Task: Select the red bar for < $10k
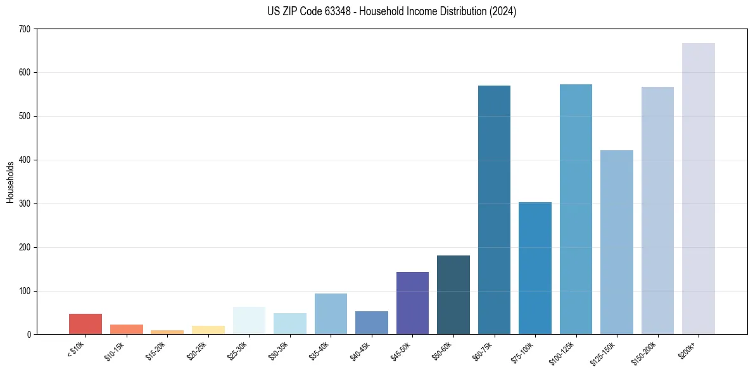tap(85, 324)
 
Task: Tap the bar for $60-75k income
tap(494, 210)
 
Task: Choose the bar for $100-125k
tap(576, 209)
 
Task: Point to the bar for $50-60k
tap(453, 295)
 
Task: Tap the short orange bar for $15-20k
tap(167, 332)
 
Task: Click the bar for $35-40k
tap(331, 314)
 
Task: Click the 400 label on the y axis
tap(25, 160)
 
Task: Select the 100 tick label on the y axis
tap(25, 292)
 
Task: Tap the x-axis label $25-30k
tap(238, 351)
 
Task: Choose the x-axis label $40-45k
tap(360, 351)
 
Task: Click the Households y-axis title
tap(10, 182)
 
